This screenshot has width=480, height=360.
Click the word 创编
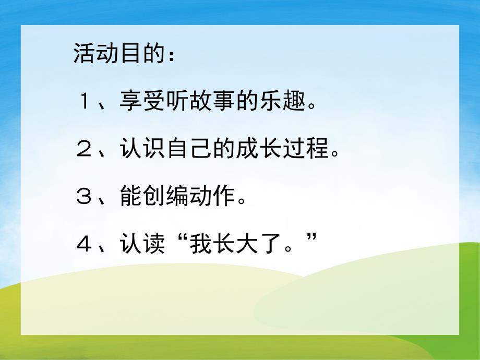pyautogui.click(x=164, y=197)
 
